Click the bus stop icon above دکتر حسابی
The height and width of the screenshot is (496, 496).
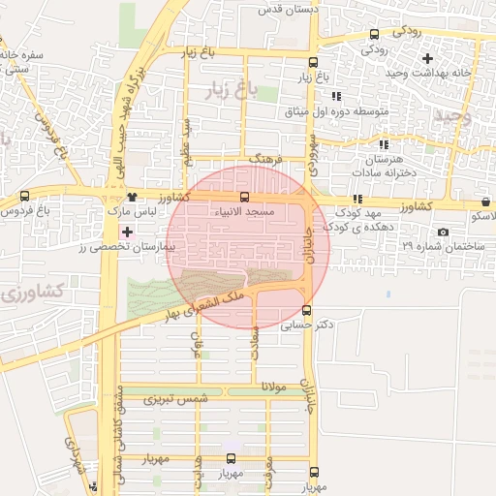click(307, 311)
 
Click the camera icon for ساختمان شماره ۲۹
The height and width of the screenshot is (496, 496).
click(444, 232)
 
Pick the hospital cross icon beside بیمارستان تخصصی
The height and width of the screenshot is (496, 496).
click(128, 232)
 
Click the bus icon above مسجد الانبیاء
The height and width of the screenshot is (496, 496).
click(243, 197)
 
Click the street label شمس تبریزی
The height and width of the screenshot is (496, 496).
click(176, 399)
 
